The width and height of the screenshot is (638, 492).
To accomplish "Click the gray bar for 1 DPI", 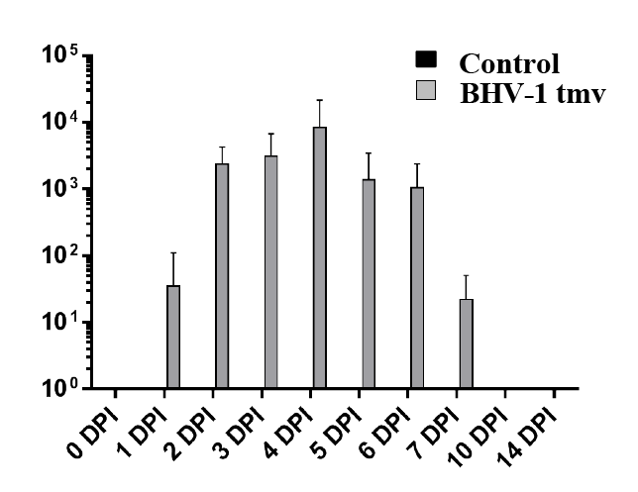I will click(173, 337).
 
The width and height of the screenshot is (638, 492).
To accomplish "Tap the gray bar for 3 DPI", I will click(270, 271).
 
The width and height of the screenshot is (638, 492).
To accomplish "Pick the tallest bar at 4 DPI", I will click(319, 257).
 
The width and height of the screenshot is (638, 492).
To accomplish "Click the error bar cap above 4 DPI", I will click(319, 100).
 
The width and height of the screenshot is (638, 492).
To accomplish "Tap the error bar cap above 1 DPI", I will click(173, 253).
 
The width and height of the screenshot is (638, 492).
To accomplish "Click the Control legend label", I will click(509, 64).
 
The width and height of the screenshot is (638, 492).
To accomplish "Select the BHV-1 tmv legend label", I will click(531, 95).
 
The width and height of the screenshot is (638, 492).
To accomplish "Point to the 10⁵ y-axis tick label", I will click(60, 56).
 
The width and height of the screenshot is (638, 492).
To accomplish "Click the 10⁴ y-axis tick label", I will click(60, 123).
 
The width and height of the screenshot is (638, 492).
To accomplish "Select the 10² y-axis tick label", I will click(60, 255).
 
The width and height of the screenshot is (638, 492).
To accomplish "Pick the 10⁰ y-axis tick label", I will click(60, 388).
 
